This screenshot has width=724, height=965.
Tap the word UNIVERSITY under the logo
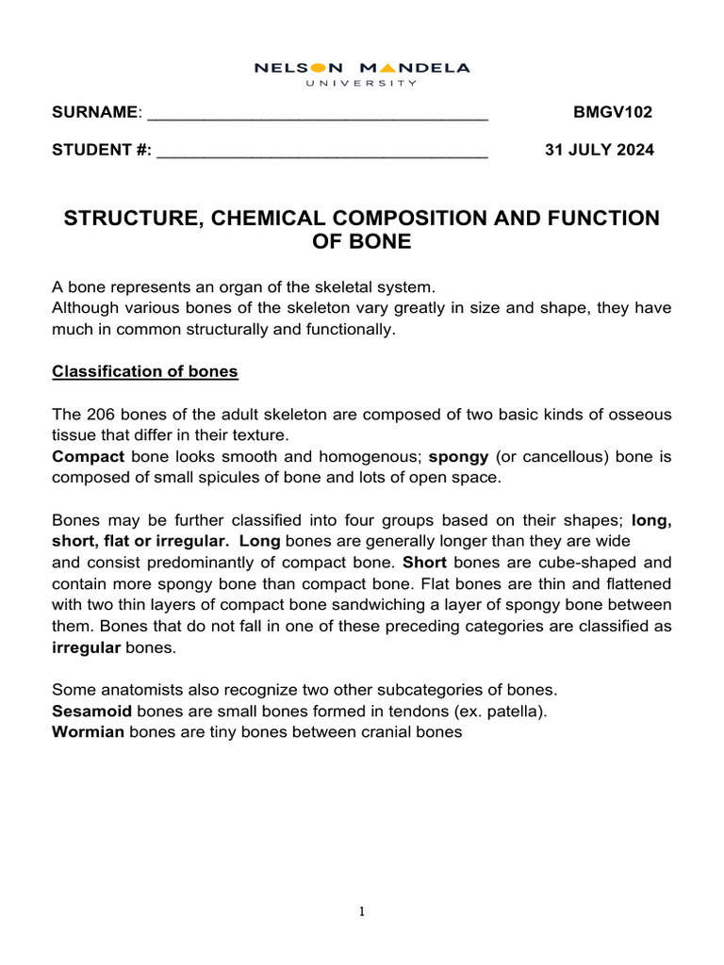[362, 83]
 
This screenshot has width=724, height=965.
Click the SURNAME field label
[95, 113]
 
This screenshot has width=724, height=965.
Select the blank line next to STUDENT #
[321, 151]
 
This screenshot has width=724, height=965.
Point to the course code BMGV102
[613, 113]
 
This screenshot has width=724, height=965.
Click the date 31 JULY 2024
[600, 151]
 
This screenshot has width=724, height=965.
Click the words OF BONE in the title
[362, 242]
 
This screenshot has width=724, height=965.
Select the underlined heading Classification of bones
[145, 371]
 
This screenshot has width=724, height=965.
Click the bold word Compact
[89, 457]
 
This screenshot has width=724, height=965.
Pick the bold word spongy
[458, 457]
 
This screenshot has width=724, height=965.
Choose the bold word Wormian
[88, 731]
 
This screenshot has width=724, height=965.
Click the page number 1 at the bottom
[362, 911]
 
